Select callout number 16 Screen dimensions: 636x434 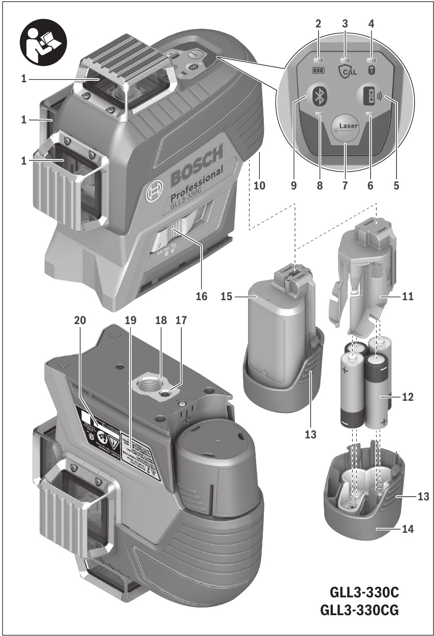(202, 297)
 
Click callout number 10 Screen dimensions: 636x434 (260, 186)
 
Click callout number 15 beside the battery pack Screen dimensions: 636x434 (228, 297)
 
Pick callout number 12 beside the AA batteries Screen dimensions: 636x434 (407, 396)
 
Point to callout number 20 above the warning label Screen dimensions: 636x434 (80, 321)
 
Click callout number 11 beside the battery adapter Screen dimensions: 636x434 (407, 297)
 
